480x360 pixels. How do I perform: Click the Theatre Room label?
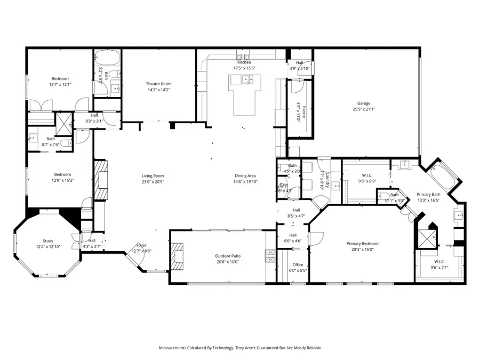pos(159,84)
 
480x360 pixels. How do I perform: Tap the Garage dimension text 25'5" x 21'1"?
pos(364,109)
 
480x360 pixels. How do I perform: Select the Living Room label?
pos(153,176)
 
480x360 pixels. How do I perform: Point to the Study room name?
pos(49,241)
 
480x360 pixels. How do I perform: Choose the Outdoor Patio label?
pos(228,257)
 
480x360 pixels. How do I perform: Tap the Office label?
pos(298,265)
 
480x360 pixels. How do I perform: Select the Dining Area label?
pos(245,176)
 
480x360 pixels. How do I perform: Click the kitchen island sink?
pos(247,81)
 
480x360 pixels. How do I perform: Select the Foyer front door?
pos(137,260)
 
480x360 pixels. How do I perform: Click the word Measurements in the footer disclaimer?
pos(176,348)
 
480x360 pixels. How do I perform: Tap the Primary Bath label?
pos(428,195)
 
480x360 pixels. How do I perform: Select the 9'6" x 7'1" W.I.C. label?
pos(439,261)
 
